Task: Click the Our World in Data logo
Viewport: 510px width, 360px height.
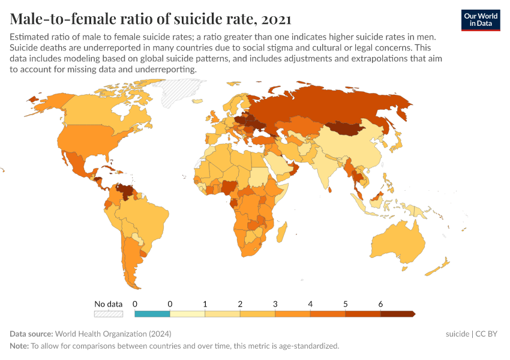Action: point(481,20)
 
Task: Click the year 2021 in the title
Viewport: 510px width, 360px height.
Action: point(277,19)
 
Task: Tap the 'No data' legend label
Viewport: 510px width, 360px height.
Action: point(109,304)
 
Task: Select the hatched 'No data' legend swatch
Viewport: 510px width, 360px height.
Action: point(109,314)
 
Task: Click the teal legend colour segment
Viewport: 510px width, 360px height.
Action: point(152,314)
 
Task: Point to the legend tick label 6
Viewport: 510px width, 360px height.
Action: point(380,304)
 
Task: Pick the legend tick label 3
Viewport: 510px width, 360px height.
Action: point(275,304)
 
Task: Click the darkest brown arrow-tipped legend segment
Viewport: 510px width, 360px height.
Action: point(397,314)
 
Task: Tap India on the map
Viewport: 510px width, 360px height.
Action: point(327,168)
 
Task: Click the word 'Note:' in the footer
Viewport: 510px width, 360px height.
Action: point(19,346)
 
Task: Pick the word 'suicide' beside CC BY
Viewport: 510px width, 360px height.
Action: point(457,334)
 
